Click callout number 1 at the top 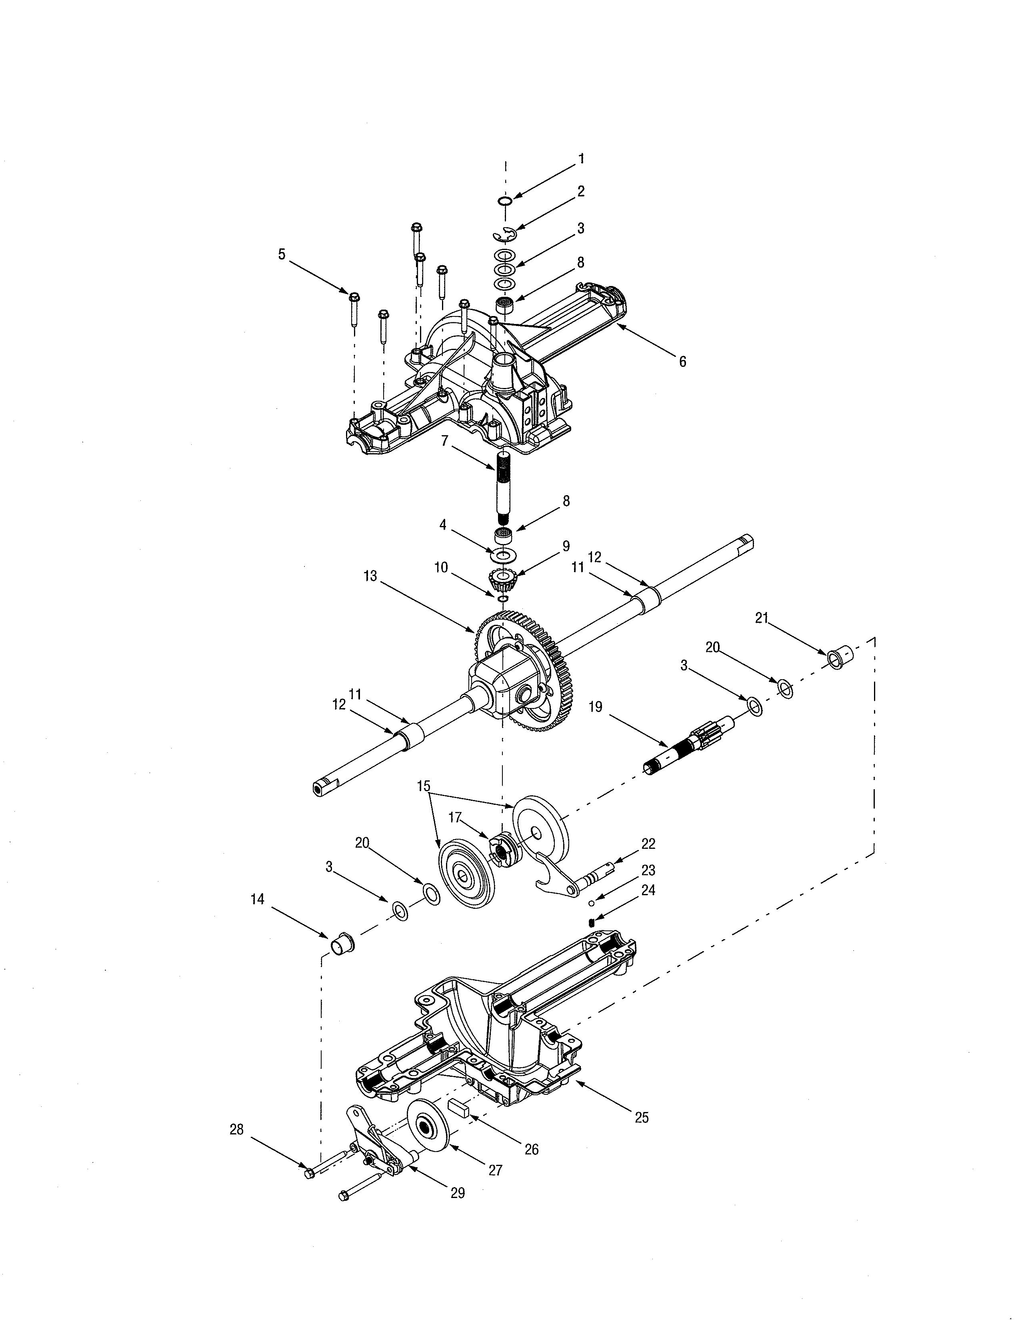(581, 159)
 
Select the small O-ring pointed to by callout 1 (506, 200)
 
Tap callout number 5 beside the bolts (282, 254)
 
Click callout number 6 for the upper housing (682, 362)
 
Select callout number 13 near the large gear (370, 576)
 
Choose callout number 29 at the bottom (458, 1192)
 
